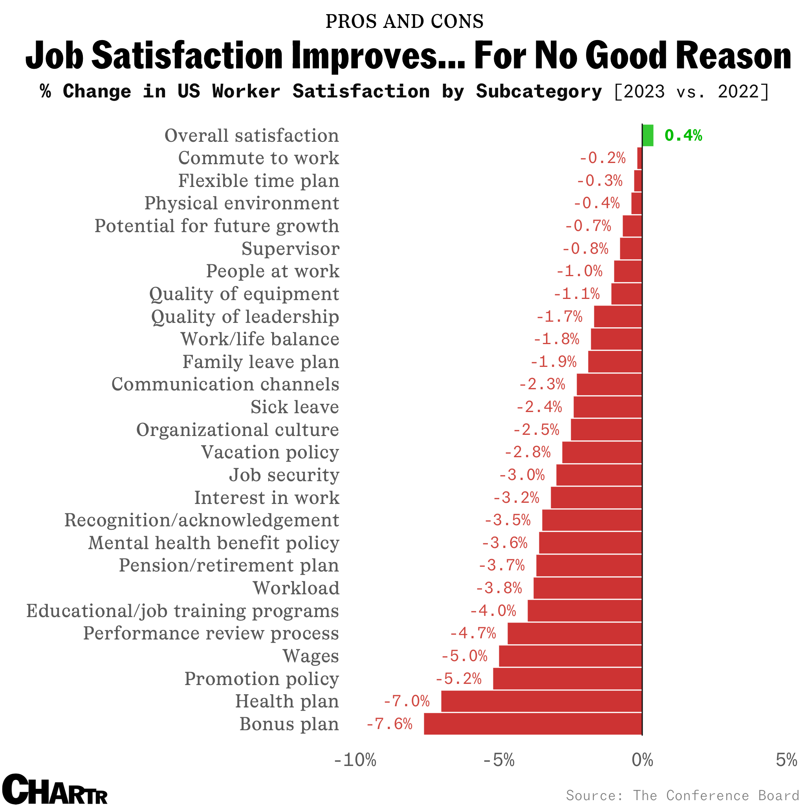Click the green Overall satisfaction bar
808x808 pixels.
(648, 136)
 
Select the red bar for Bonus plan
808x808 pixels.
(533, 724)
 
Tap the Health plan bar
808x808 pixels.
(542, 702)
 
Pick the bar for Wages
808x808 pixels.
(570, 656)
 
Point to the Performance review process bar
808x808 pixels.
(575, 633)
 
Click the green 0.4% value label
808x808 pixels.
(683, 136)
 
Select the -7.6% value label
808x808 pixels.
(389, 724)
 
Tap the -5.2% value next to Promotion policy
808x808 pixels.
(459, 679)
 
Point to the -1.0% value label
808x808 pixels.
(579, 271)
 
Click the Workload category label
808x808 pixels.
(296, 588)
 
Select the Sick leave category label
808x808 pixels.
(295, 407)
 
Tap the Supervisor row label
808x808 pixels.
(290, 249)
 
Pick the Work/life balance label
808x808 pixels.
(260, 339)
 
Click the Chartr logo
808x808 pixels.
(55, 789)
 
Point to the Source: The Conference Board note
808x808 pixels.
(683, 795)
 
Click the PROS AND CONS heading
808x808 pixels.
(404, 21)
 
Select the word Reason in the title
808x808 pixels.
(733, 56)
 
